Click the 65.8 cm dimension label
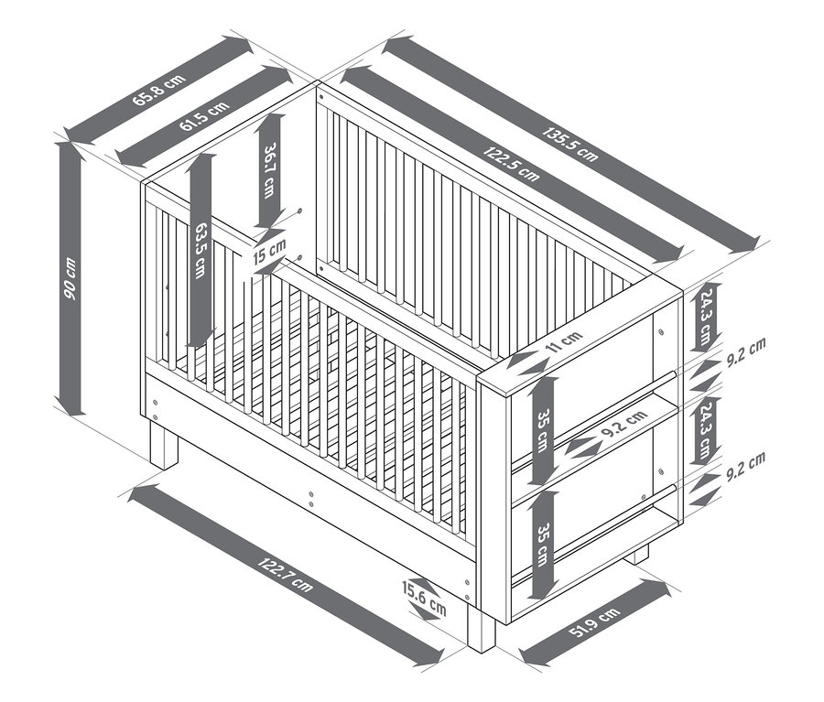158,90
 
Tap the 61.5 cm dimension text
204,115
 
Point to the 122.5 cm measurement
511,164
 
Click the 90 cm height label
70,278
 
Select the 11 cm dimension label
564,343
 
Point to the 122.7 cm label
285,575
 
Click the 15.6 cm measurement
424,599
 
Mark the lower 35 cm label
543,545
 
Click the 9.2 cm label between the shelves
623,424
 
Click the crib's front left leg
165,445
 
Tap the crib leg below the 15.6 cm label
482,627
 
